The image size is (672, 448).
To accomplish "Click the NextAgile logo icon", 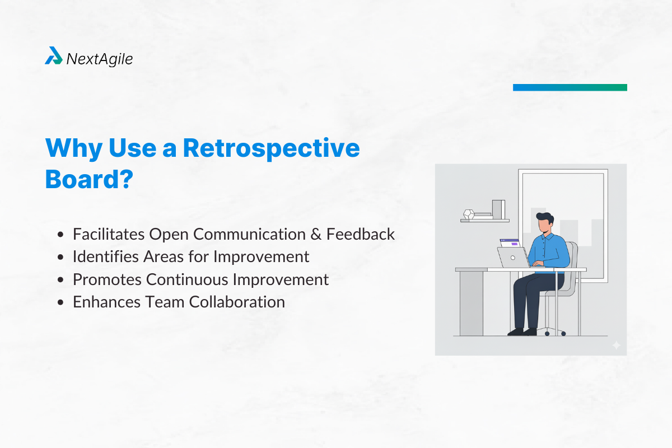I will pyautogui.click(x=54, y=56).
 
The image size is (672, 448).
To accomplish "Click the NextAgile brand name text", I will pyautogui.click(x=100, y=58).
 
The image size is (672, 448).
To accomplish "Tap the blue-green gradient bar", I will pyautogui.click(x=570, y=87).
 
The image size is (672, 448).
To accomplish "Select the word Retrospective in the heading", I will pyautogui.click(x=271, y=148).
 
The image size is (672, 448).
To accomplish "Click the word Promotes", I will pyautogui.click(x=104, y=279).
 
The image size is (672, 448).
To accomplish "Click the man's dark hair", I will pyautogui.click(x=544, y=218).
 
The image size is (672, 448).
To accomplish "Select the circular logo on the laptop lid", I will pyautogui.click(x=512, y=258).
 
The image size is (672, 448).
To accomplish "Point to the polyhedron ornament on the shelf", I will pyautogui.click(x=469, y=214).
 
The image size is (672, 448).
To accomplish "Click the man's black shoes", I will pyautogui.click(x=522, y=332).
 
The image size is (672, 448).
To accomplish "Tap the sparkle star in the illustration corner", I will pyautogui.click(x=616, y=346).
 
